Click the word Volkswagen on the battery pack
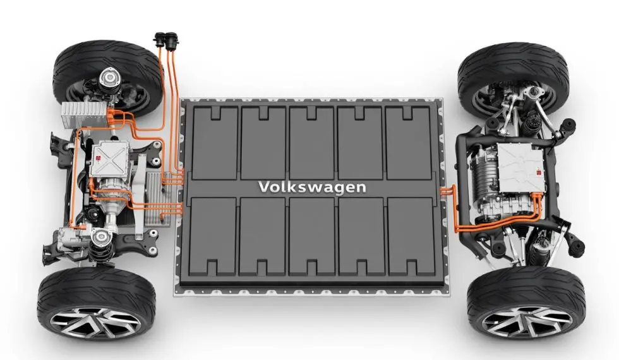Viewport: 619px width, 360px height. (312, 187)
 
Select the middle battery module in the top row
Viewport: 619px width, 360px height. (312, 142)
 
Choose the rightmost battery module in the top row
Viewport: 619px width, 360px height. (408, 142)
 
